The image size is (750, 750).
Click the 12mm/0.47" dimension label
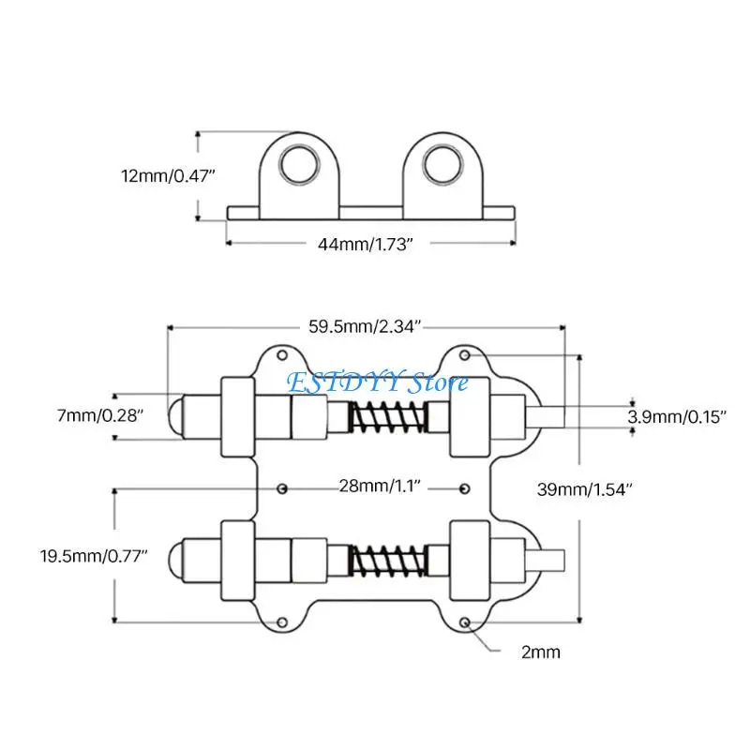pos(168,176)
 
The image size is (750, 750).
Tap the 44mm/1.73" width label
pos(365,244)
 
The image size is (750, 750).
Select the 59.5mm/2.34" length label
pos(365,326)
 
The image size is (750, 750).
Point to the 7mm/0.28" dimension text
pos(100,415)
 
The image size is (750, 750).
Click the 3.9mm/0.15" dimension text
pos(677,417)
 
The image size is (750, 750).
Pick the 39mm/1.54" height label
pos(584,489)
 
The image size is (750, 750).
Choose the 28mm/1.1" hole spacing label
pos(380,486)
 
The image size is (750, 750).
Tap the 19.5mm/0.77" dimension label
pos(94,556)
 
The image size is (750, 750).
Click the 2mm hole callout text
pos(541,652)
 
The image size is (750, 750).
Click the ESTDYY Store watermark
pos(378,382)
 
